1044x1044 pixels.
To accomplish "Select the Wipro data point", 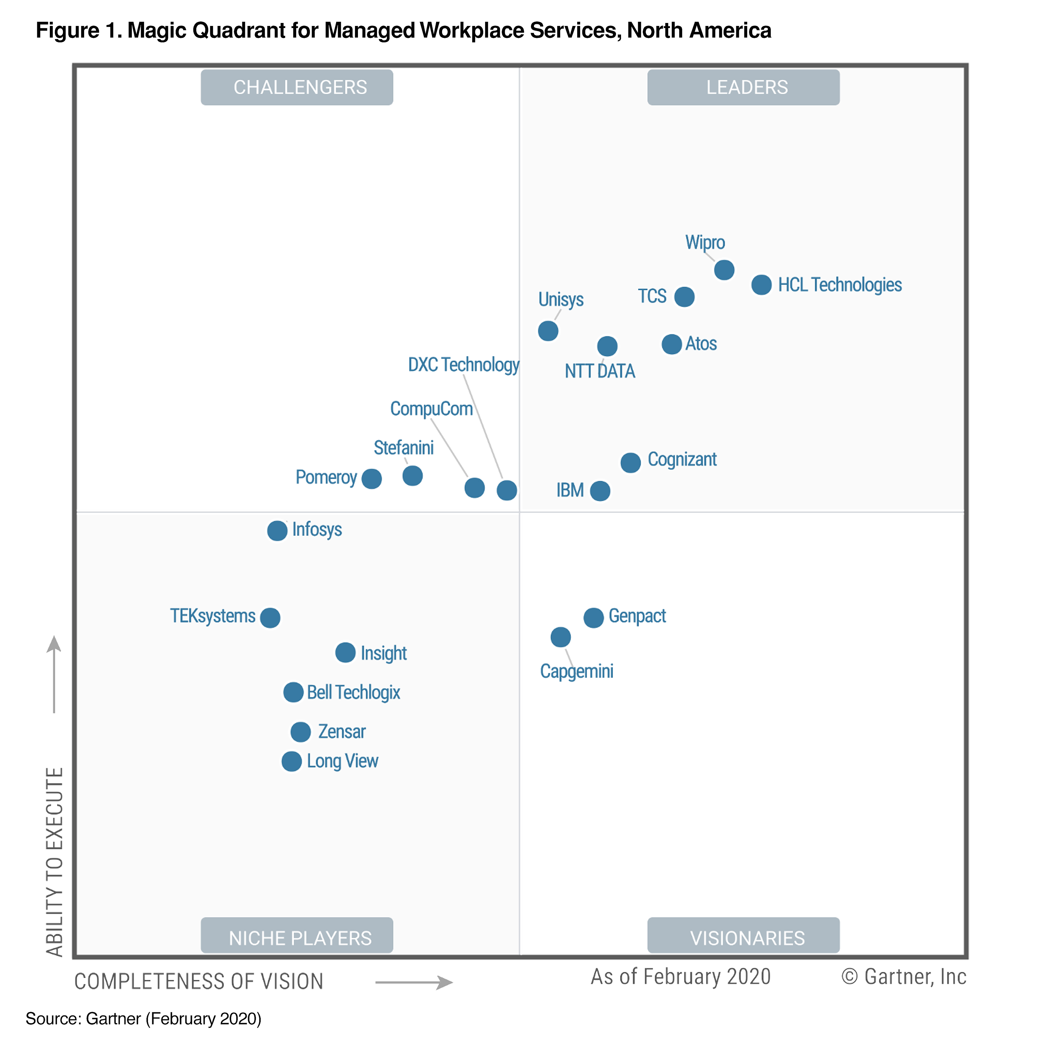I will [724, 270].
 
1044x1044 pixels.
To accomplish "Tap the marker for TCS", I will [684, 297].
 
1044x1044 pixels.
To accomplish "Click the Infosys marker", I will [277, 531].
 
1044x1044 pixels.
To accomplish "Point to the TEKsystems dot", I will [270, 617].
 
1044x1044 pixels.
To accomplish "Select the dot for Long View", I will [292, 762].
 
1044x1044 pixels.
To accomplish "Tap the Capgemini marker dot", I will [560, 637].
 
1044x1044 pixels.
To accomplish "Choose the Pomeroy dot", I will [372, 479].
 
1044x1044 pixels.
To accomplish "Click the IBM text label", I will [570, 490].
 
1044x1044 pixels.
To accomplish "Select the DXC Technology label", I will [464, 365].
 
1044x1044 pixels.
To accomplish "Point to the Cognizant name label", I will [682, 459].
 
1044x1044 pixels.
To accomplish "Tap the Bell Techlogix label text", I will [353, 692].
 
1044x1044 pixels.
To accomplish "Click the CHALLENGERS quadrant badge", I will [297, 87].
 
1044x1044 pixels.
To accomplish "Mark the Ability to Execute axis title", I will [55, 861].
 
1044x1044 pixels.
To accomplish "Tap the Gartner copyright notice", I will [904, 977].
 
